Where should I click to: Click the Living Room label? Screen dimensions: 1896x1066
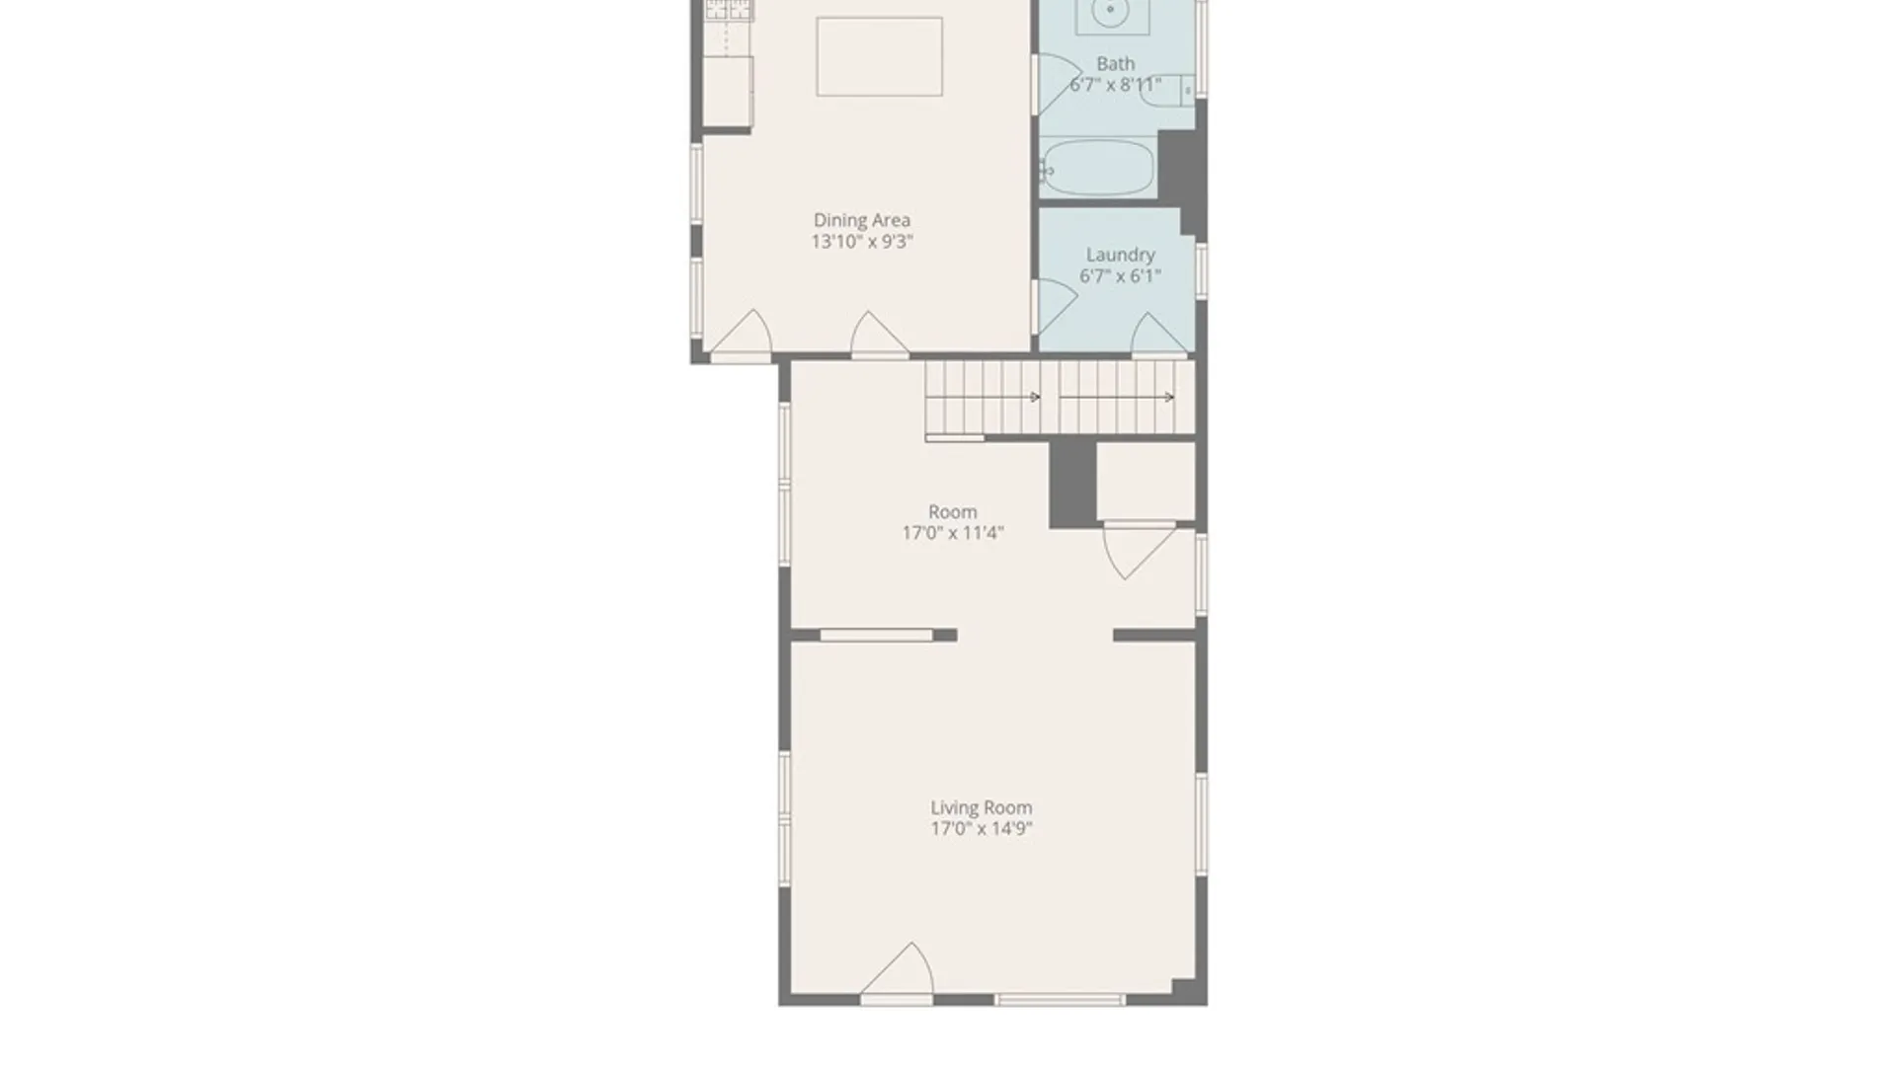coord(981,807)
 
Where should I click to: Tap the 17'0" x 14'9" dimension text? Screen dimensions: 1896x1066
coord(981,828)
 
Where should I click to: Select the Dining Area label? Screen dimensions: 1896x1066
coord(862,220)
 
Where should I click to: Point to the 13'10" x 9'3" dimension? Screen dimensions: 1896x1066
coord(862,242)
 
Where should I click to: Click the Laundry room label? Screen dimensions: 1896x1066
coord(1120,256)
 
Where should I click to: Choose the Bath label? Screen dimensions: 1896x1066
coord(1116,63)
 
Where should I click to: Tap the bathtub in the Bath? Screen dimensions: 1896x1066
coord(1098,168)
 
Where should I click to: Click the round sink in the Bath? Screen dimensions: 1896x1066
coord(1111,11)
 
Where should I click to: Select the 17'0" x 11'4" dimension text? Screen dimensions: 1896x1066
coord(953,533)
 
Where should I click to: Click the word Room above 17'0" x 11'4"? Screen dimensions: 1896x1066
coord(953,511)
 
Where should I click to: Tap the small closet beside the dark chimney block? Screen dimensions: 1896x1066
coord(1145,481)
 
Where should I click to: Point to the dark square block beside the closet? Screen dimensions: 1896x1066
coord(1072,484)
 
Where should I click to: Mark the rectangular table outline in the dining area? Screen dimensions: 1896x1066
coord(879,56)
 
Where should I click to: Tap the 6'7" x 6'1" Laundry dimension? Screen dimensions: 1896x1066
coord(1120,276)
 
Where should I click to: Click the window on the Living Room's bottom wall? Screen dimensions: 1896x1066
coord(1060,1000)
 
